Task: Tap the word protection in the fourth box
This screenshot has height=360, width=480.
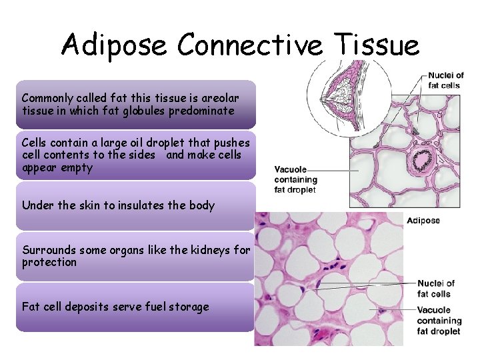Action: click(50, 263)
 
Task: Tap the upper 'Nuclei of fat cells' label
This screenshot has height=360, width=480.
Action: click(445, 80)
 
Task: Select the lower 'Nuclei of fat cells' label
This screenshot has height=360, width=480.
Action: click(436, 289)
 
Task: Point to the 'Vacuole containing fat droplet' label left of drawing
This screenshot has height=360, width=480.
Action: click(295, 179)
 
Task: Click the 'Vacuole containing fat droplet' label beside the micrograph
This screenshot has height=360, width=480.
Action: click(439, 320)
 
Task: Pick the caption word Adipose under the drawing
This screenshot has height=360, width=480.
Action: click(423, 221)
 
